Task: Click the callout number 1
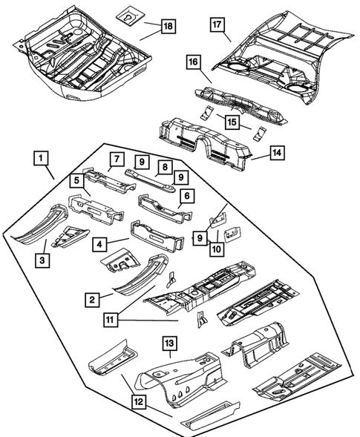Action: [41, 158]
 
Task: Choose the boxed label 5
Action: [77, 180]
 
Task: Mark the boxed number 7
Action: [116, 158]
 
